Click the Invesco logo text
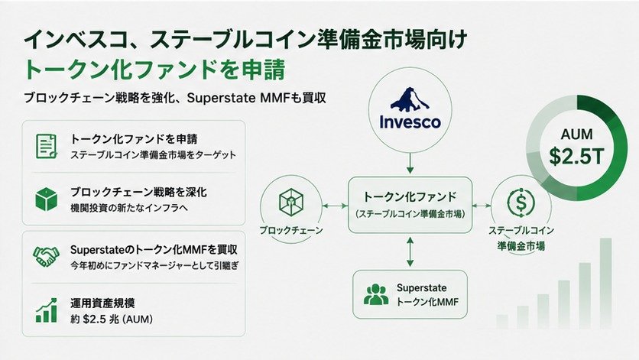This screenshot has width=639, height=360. point(410,122)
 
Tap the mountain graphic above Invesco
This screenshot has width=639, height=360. point(410,99)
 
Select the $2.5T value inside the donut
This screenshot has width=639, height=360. point(576,156)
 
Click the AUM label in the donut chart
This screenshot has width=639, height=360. point(576,134)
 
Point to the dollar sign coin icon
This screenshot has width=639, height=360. point(521,202)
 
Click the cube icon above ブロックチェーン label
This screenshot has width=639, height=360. point(291,203)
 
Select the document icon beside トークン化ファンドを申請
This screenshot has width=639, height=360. point(46,146)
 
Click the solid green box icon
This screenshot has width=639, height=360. point(46,199)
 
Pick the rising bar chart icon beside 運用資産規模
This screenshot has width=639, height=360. point(46,310)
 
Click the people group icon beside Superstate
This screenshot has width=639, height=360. point(375,295)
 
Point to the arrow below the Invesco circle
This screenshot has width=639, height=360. point(410,164)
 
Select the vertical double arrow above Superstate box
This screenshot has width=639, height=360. point(410,252)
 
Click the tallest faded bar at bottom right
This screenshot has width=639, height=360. point(605,283)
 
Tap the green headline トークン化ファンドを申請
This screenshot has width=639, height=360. point(154,70)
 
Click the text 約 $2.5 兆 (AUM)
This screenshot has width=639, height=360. point(112,319)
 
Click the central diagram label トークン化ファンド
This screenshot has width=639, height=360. point(410,197)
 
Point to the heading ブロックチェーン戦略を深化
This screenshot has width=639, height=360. point(138,192)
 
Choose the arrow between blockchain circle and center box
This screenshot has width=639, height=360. point(335,206)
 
